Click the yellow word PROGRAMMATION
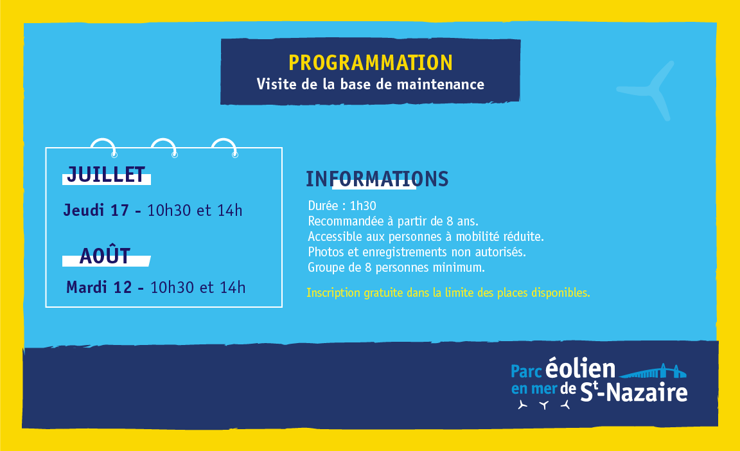point(371,63)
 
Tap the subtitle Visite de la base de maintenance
point(371,84)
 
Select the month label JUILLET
point(106,174)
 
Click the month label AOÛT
point(105,256)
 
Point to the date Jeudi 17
point(96,210)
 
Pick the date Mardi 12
point(99,287)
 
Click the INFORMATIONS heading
point(377,179)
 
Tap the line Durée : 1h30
point(342,206)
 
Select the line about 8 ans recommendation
point(393,221)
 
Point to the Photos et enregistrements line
point(417,252)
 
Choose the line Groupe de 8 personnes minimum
point(396,267)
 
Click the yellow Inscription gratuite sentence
point(448,292)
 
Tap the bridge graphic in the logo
point(653,371)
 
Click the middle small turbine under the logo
point(544,405)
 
